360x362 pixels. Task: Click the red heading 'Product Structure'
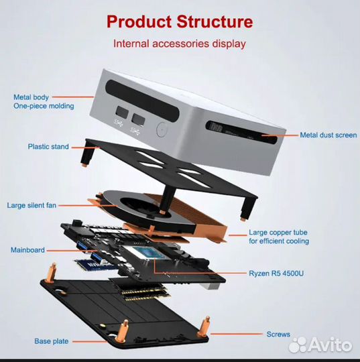click(180, 21)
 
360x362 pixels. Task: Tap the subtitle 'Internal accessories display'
click(180, 44)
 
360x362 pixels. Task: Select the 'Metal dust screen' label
click(328, 135)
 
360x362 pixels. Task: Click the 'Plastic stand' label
click(48, 146)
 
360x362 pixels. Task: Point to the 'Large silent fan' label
click(32, 205)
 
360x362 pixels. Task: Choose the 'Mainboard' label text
click(27, 250)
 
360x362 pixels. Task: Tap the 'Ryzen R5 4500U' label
click(276, 274)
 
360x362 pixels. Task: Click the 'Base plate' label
click(51, 341)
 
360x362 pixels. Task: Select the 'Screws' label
click(278, 334)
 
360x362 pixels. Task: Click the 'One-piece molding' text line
click(44, 106)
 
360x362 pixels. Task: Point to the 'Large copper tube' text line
click(278, 232)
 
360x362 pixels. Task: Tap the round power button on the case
click(162, 129)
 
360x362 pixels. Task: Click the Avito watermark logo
click(320, 345)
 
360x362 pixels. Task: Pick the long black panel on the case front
click(142, 101)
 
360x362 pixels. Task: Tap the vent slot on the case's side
click(241, 132)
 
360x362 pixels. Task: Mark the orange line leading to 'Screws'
click(237, 334)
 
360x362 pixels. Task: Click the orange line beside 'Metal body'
click(73, 97)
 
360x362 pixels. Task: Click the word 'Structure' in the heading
click(215, 21)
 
